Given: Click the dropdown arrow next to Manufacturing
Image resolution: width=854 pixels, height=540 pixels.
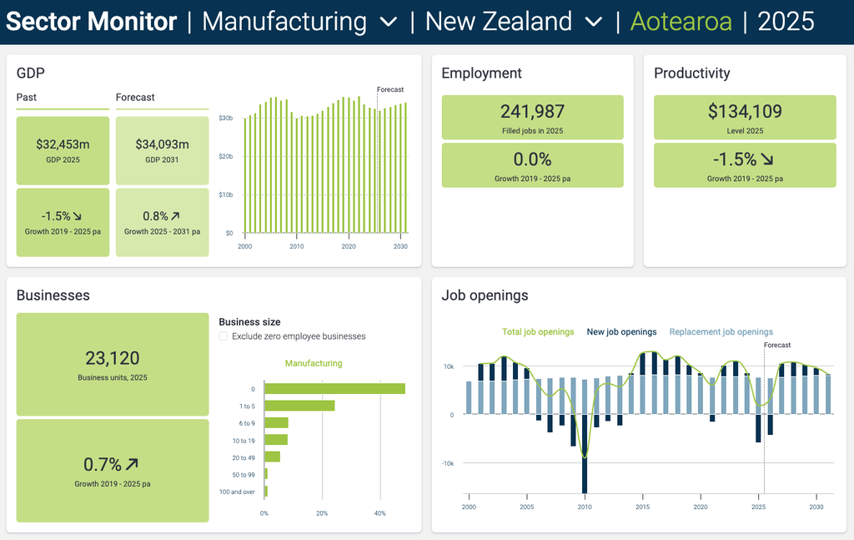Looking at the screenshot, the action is tap(388, 23).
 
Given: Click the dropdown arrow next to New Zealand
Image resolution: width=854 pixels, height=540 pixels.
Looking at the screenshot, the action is tap(593, 23).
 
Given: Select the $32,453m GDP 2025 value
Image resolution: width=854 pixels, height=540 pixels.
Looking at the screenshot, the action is tap(63, 144).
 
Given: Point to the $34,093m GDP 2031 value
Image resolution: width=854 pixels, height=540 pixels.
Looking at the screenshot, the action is tap(163, 144).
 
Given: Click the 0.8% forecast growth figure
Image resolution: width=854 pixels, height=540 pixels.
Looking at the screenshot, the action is tap(155, 216).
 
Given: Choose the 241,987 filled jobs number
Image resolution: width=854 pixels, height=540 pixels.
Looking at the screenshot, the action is tap(532, 112).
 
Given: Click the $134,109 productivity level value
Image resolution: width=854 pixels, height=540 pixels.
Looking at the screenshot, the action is tap(745, 112).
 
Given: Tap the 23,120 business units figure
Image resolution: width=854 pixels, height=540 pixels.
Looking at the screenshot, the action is tap(113, 358).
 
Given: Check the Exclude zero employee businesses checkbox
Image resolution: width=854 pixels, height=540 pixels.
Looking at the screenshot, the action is tap(224, 336).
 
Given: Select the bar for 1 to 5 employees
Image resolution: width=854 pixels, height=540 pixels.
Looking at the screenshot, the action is tap(299, 406).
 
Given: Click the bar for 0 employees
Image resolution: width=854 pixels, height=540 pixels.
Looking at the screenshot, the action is tap(335, 389).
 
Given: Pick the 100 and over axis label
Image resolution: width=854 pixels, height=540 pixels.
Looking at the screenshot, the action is tap(237, 492).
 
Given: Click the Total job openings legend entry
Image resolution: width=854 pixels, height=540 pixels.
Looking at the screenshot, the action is tap(538, 332).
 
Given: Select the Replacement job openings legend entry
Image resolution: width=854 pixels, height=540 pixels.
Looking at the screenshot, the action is tap(721, 332).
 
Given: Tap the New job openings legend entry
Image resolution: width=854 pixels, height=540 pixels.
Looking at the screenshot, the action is tap(621, 332).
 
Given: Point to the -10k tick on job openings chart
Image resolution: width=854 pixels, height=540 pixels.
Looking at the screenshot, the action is tap(448, 464).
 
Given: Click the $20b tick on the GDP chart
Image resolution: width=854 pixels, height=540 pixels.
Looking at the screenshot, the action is tap(225, 156).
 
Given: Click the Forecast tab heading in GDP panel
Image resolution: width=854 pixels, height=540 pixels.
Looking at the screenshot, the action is tap(135, 97).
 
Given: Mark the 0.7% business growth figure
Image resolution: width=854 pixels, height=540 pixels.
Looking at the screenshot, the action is tap(103, 464).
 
